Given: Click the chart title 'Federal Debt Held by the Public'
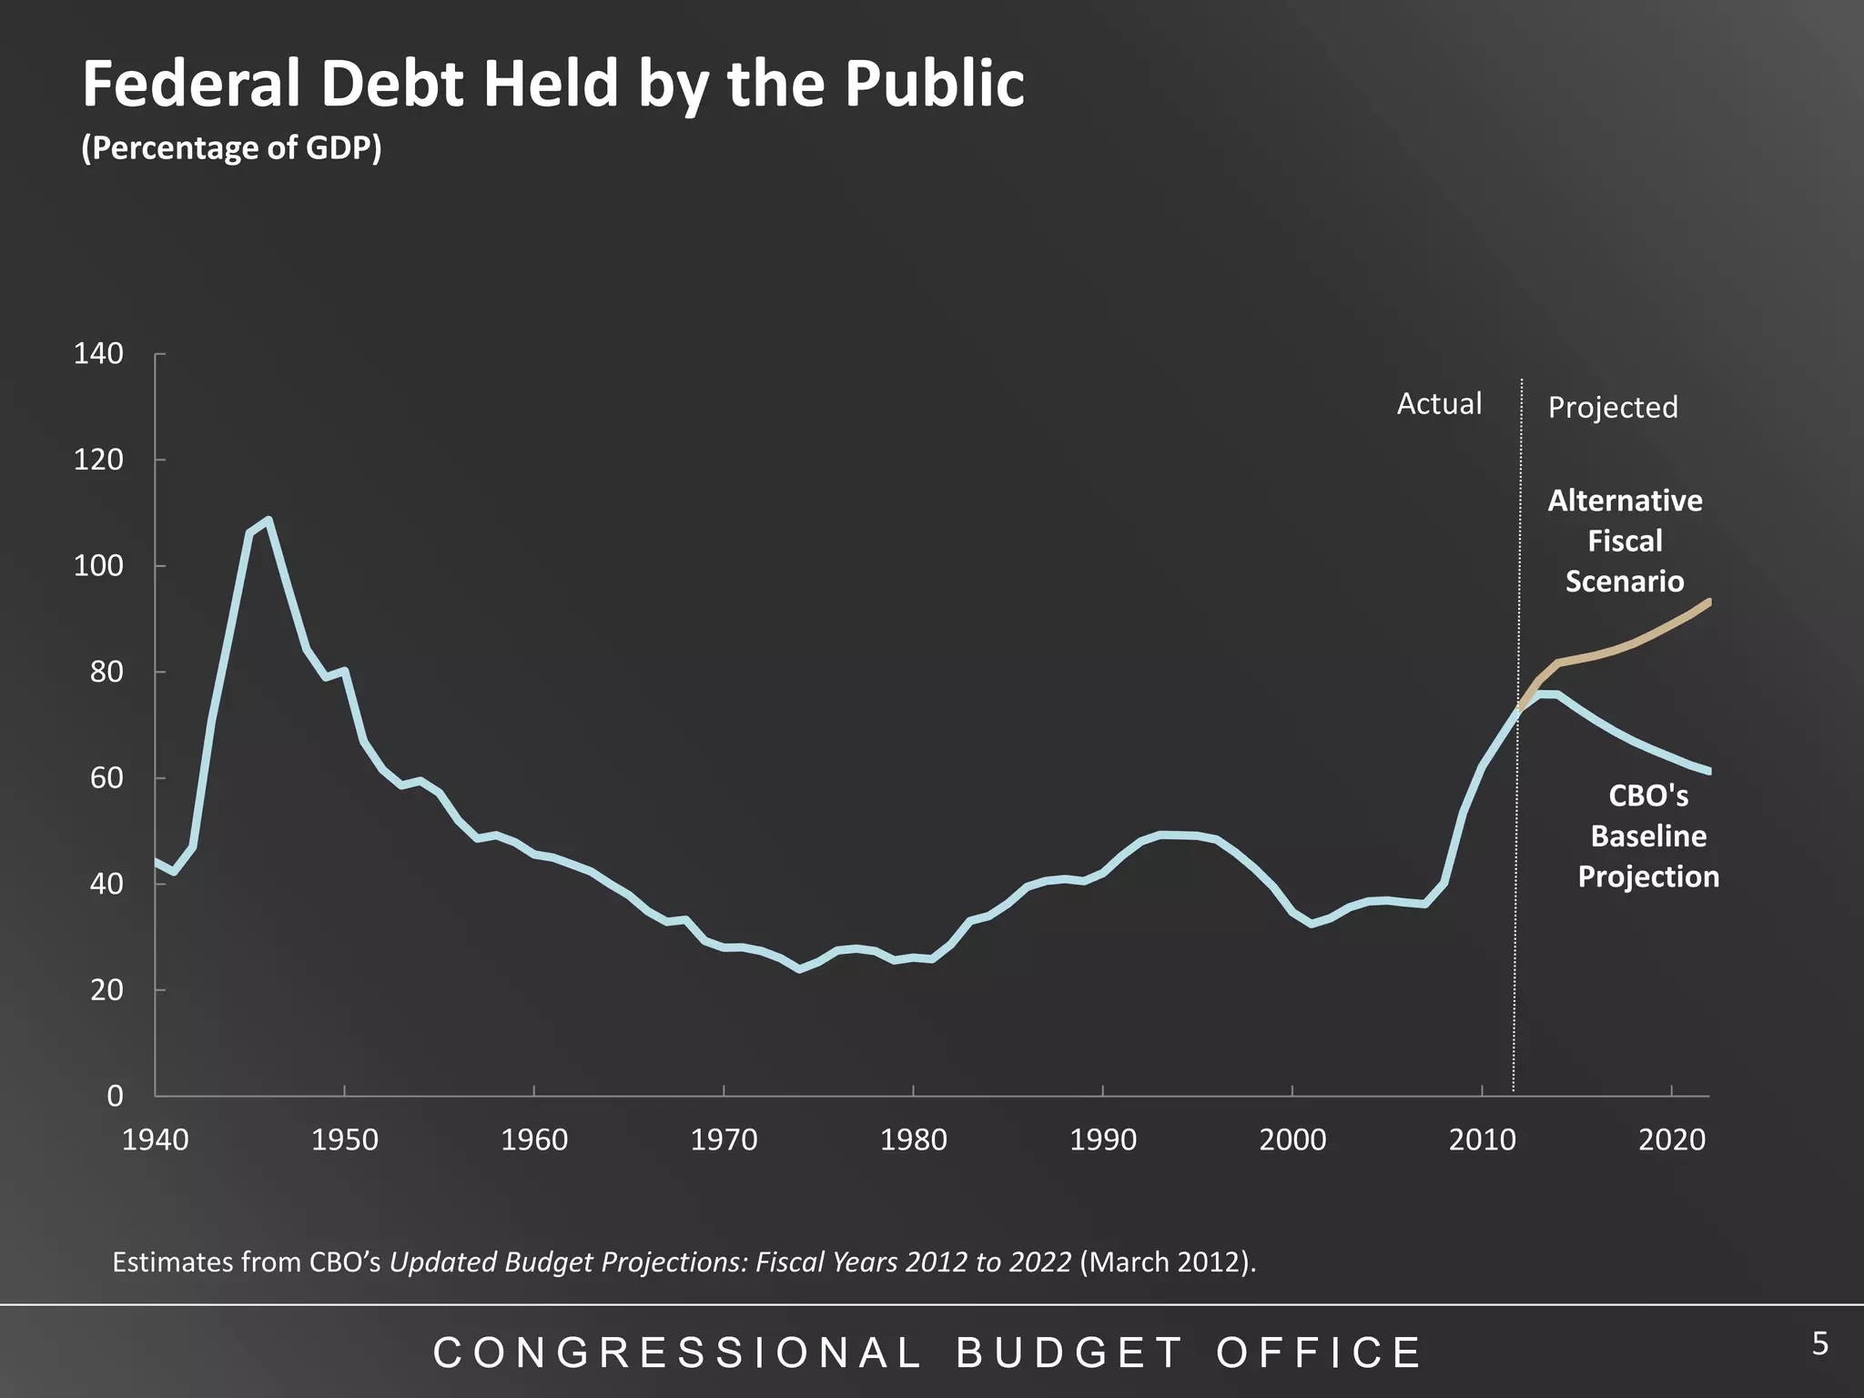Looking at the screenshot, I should point(553,84).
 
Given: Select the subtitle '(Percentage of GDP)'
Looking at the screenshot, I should point(231,147).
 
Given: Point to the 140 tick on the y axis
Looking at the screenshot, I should point(98,354).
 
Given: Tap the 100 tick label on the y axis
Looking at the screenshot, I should point(98,566).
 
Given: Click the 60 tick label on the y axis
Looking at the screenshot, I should point(106,778).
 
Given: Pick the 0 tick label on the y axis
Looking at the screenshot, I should point(115,1096).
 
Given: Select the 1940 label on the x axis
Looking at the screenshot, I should point(155,1140).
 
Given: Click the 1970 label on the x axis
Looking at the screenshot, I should point(724,1140).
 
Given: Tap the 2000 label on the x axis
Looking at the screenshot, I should point(1292,1140).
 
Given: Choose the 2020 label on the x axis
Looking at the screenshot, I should point(1672,1140).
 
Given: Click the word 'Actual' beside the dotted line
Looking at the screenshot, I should point(1439,404).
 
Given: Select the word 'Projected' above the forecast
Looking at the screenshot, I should point(1613,408).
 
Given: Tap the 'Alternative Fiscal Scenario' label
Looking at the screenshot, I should point(1625,541).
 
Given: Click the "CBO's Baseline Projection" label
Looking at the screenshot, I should point(1648,836).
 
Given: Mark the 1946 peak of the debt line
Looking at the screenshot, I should point(268,521).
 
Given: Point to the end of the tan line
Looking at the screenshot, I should point(1709,602).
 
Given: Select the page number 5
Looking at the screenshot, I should point(1819,1343).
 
